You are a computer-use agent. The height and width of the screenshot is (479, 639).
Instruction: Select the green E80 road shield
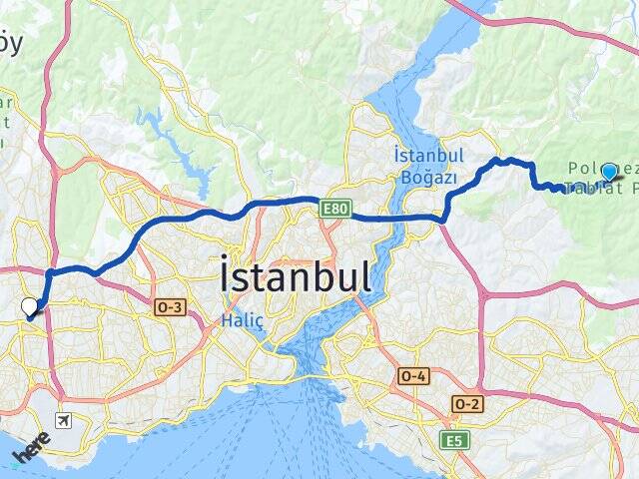[334, 208]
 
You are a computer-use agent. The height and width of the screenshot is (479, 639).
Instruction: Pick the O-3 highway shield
[169, 309]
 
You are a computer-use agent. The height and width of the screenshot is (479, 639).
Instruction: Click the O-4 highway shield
[413, 375]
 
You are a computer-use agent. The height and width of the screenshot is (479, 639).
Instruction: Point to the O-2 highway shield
[466, 402]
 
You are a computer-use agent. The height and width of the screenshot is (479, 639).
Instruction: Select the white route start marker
[30, 308]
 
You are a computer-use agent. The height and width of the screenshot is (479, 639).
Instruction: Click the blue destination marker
[609, 172]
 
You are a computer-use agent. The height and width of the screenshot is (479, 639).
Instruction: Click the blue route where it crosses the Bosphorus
[399, 216]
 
